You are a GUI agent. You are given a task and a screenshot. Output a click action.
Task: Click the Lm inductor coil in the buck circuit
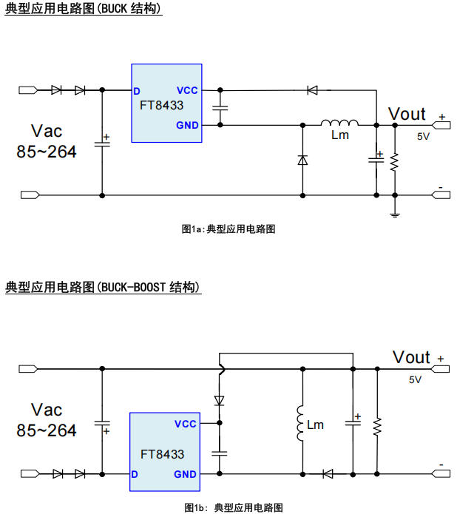point(339,123)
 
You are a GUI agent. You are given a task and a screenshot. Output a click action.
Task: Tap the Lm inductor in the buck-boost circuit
point(301,425)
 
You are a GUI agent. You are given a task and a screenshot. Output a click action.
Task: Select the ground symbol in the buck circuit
point(395,214)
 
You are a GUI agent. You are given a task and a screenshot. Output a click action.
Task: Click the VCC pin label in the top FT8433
point(187,90)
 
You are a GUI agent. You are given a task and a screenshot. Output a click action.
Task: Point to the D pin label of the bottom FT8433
point(135,474)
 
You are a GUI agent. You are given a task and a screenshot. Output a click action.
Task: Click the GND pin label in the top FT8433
point(187,125)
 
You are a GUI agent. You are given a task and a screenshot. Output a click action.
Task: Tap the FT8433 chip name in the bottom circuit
point(162,454)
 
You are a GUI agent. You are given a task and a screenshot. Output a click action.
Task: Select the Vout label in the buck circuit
point(407,114)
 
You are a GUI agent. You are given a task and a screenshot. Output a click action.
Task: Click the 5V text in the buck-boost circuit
point(415,379)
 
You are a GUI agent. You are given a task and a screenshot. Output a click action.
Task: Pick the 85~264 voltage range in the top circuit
point(46,152)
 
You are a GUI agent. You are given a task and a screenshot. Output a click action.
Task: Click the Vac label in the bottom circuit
point(47,410)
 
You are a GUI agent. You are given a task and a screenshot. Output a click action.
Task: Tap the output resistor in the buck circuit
point(395,161)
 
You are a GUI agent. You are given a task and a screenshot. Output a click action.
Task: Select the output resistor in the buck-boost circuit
point(377,425)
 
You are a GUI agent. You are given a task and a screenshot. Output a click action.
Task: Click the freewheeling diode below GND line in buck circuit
point(302,160)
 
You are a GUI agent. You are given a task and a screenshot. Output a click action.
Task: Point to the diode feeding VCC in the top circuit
point(312,90)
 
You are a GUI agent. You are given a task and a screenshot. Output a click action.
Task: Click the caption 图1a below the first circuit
point(192,229)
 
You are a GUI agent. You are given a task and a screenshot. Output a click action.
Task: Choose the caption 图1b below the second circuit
point(194,507)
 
